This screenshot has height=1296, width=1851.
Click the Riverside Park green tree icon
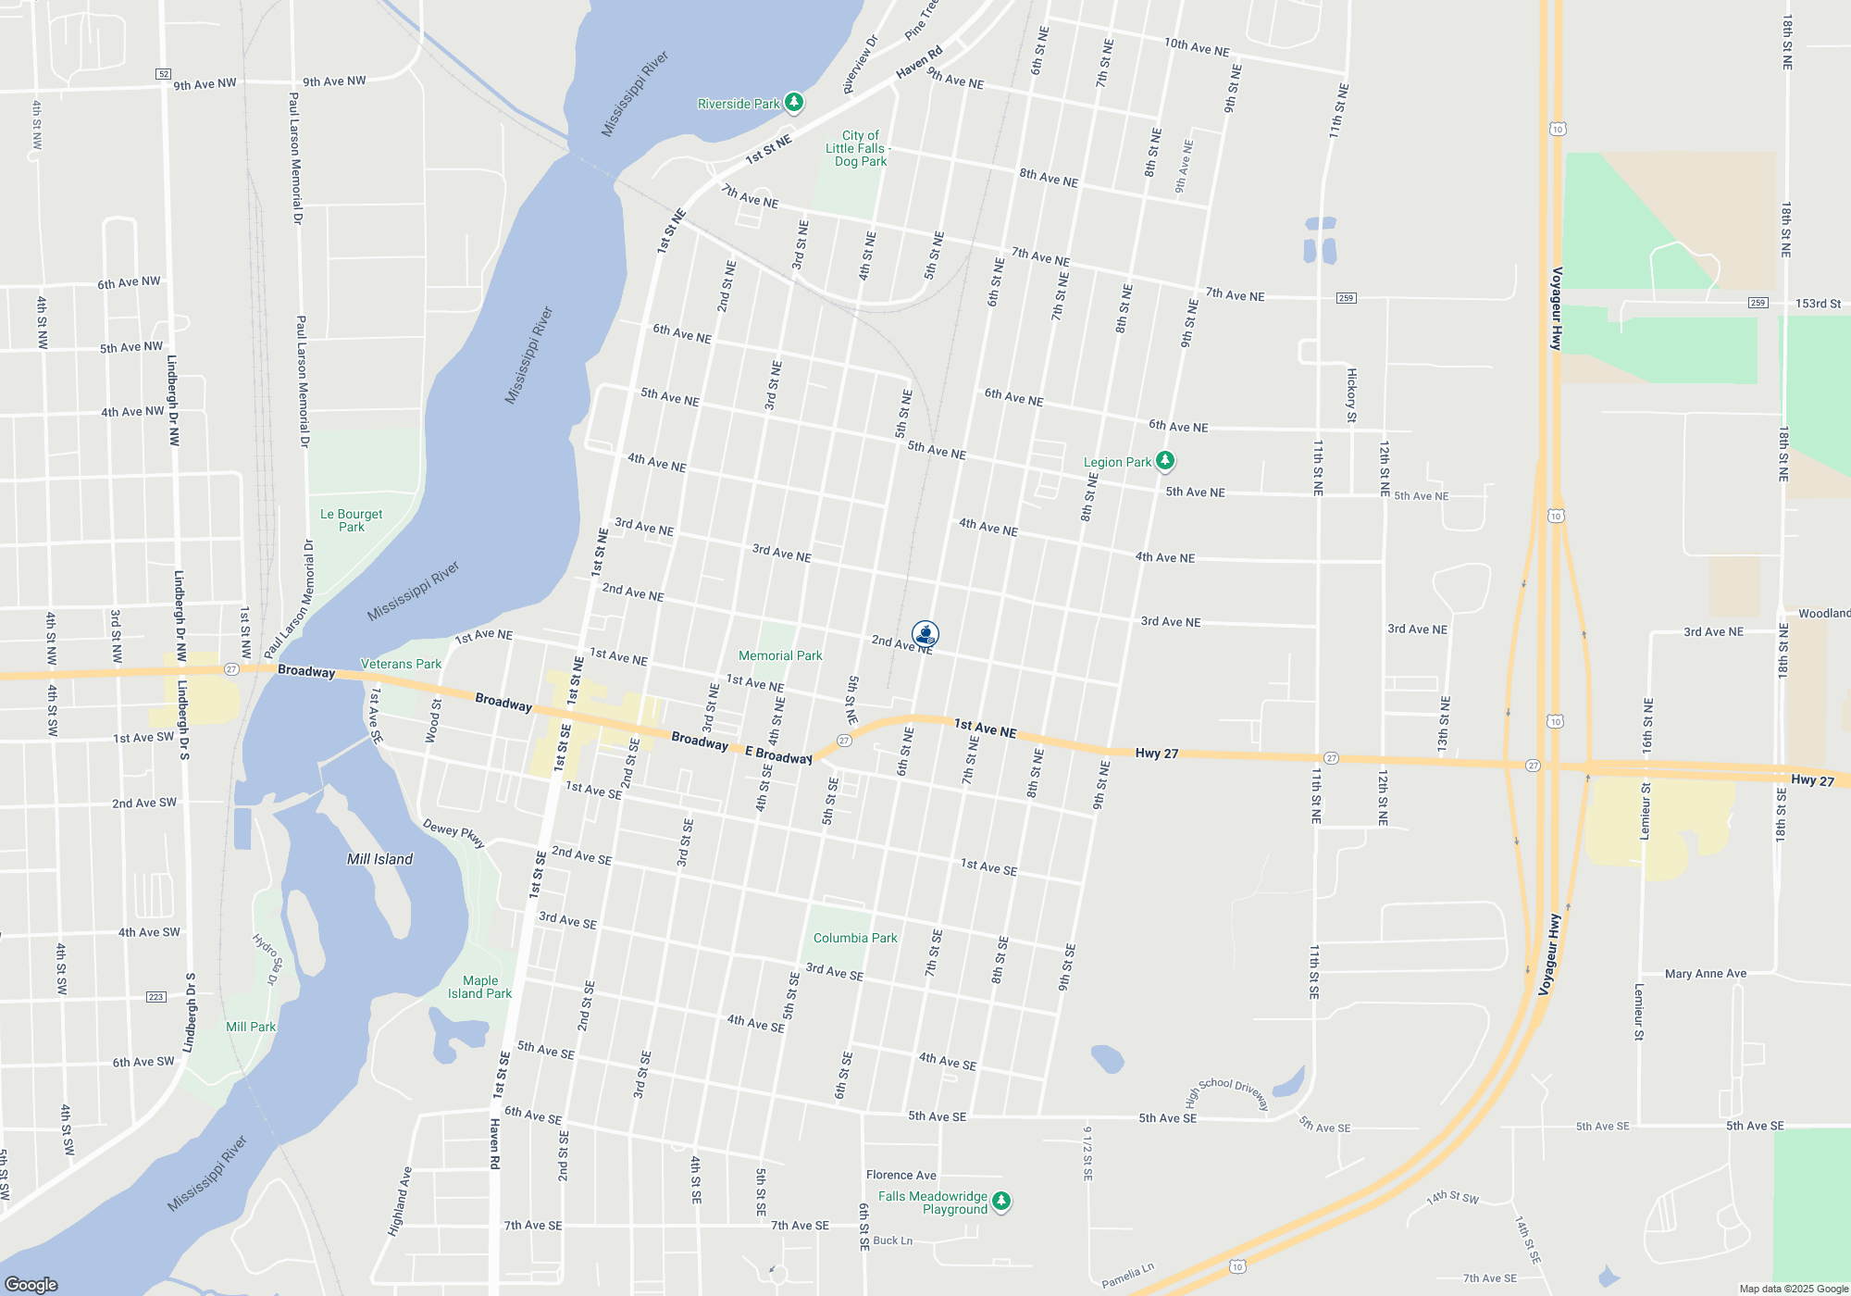794,103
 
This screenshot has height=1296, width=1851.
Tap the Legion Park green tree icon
1165,460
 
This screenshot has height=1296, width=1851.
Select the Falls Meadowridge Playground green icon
1001,1202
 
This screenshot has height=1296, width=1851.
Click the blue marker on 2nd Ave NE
925,634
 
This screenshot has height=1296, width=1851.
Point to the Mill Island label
379,859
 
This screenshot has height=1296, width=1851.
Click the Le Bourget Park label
351,520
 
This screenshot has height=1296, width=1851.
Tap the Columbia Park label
855,938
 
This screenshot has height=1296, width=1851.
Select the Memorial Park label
780,655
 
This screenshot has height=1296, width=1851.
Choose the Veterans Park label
401,664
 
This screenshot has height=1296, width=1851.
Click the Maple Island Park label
479,987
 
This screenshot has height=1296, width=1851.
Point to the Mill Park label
251,1027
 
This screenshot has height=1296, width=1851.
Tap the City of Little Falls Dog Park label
859,148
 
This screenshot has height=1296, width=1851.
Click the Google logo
31,1284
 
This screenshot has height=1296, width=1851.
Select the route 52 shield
164,74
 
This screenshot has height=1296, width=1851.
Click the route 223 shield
155,997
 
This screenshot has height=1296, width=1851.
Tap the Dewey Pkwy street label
453,833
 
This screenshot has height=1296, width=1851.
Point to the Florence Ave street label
901,1175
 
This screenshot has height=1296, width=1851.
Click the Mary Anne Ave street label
1706,974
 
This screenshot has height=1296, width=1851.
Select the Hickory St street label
1351,395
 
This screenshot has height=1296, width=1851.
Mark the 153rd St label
1818,304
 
